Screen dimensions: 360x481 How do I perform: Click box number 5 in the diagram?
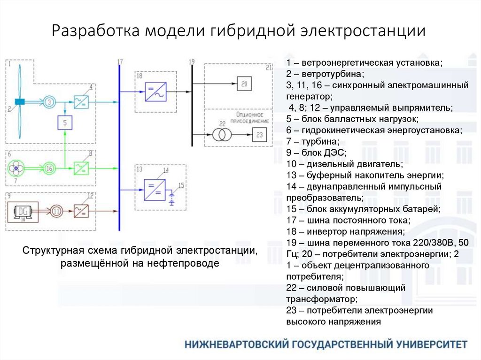(x=65, y=123)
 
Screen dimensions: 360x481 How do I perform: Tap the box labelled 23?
(x=260, y=135)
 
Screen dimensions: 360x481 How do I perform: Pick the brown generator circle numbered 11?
(x=57, y=210)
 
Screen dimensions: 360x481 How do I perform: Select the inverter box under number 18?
(x=155, y=92)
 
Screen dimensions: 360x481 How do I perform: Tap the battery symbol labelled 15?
(x=171, y=196)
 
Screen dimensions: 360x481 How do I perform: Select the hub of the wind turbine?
(x=20, y=102)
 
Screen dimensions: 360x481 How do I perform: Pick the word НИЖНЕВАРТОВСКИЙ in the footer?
(x=236, y=344)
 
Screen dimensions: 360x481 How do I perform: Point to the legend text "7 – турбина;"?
(x=312, y=141)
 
